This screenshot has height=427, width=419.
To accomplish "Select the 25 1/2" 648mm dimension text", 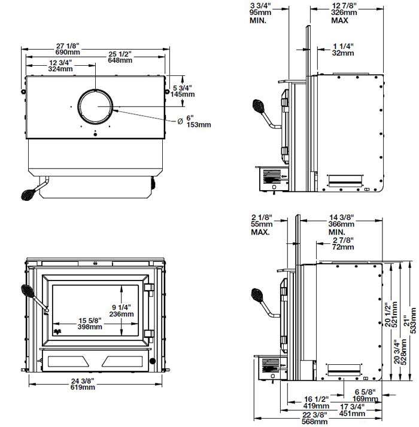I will point(120,57).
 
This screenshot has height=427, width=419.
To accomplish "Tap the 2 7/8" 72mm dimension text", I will point(344,243).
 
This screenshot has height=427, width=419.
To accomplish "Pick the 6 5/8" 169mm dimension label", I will point(365,395).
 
